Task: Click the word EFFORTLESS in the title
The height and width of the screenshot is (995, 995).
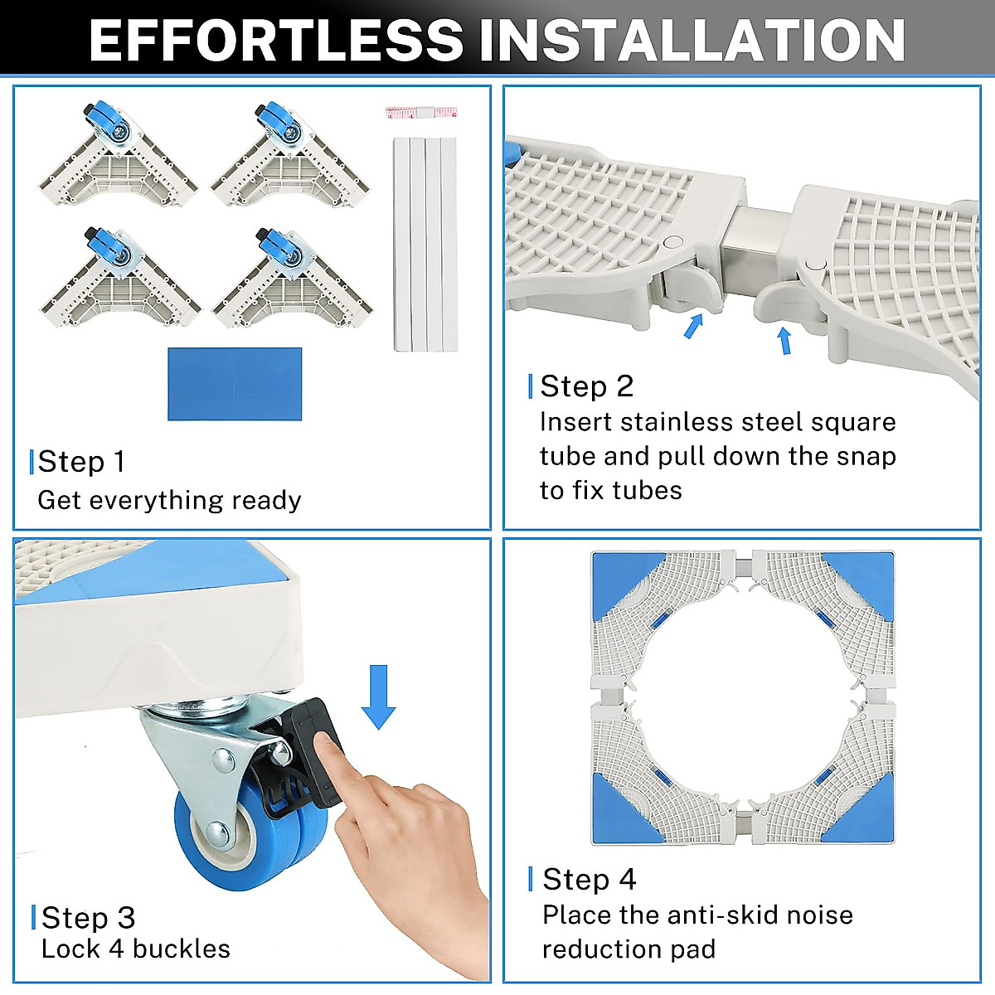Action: (x=276, y=41)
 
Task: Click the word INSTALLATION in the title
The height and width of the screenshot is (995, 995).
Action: (x=692, y=41)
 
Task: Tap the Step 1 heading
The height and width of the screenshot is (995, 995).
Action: (x=81, y=461)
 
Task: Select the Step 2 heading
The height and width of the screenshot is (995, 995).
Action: (x=586, y=386)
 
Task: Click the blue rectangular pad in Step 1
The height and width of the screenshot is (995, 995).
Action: (x=235, y=384)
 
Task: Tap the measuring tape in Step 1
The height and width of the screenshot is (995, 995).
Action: (x=421, y=112)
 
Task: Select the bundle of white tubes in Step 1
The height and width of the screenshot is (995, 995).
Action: (x=425, y=245)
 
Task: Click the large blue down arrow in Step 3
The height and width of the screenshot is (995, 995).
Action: (x=378, y=697)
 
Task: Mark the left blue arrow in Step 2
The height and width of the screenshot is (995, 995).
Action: (x=693, y=327)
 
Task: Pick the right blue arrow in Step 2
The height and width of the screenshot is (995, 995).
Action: (x=784, y=341)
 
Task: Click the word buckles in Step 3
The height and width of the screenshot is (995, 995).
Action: (x=182, y=949)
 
